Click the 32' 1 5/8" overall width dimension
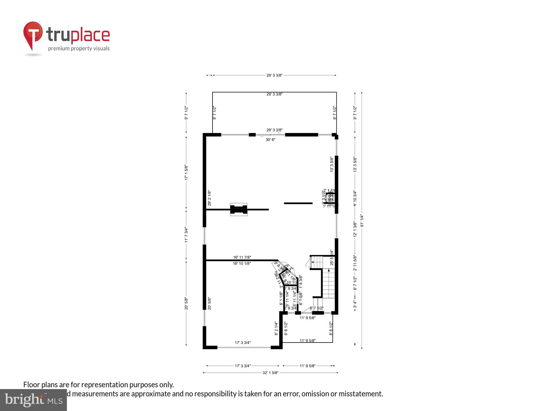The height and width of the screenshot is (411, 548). (x=270, y=372)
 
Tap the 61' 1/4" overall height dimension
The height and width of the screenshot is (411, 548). (x=362, y=220)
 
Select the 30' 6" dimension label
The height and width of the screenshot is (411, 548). (x=270, y=140)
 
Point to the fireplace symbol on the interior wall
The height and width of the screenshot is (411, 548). (x=239, y=210)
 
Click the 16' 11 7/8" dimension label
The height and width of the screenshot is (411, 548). (x=242, y=257)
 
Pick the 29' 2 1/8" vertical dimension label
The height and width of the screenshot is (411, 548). (x=210, y=198)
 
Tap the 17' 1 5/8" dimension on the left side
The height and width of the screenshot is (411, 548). (x=187, y=172)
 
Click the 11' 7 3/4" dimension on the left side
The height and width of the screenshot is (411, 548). (x=187, y=235)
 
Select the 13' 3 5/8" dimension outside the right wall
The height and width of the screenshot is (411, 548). (x=355, y=164)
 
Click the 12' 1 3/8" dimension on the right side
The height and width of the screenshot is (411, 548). (x=355, y=229)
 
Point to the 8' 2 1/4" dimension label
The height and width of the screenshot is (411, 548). (x=276, y=328)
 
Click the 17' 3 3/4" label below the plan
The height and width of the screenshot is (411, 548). (x=243, y=366)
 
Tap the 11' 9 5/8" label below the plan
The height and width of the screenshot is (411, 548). (x=307, y=366)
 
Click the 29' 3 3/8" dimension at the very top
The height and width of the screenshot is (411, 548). (x=274, y=75)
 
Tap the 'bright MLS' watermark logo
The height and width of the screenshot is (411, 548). (x=33, y=400)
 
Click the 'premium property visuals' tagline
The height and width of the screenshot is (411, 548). (x=79, y=48)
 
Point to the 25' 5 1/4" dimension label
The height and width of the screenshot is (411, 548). (x=332, y=257)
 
